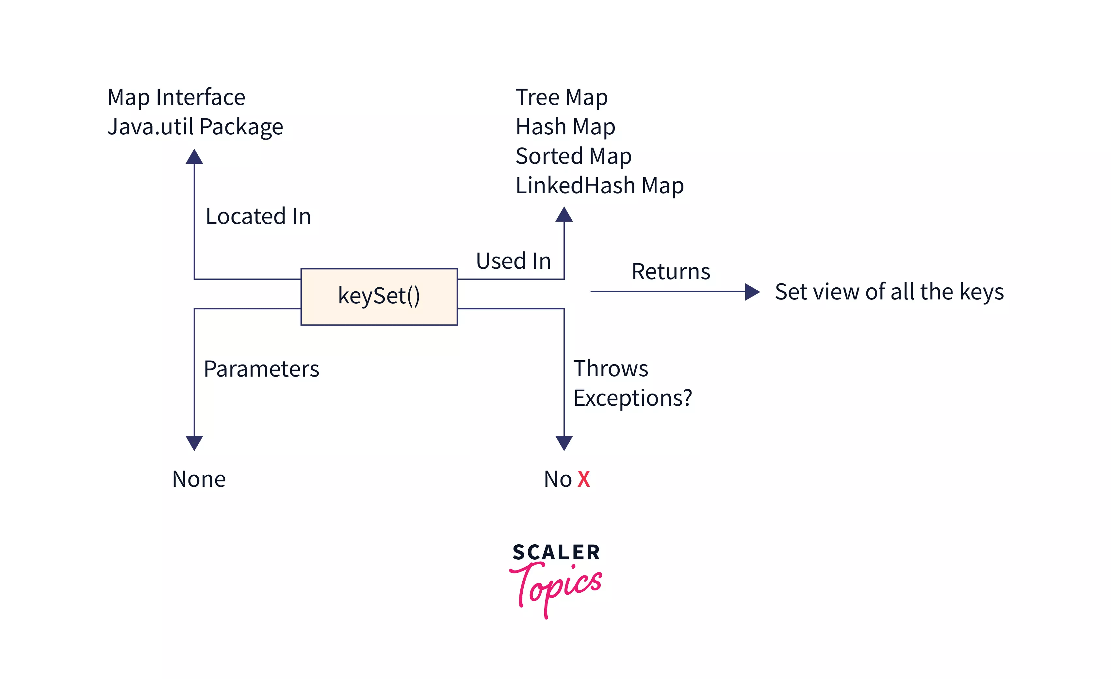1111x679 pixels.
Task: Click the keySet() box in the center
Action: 379,297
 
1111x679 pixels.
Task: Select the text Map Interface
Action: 176,97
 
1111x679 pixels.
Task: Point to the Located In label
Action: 258,216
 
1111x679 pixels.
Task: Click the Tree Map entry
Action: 561,97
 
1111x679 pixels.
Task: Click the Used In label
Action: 513,261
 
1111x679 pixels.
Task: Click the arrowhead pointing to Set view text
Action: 752,292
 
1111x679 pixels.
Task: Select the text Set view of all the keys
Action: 889,292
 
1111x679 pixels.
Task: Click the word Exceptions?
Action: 632,398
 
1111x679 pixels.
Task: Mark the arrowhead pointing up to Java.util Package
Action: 194,157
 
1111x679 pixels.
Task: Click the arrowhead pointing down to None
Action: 194,443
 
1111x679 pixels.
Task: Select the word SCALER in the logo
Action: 556,552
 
